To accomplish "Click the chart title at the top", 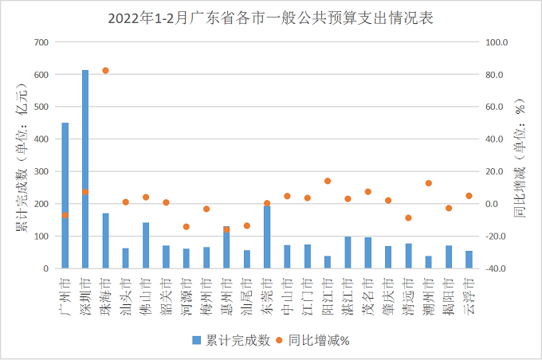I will pyautogui.click(x=271, y=17).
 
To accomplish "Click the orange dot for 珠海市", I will pyautogui.click(x=105, y=71).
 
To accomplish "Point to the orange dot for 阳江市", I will pyautogui.click(x=328, y=181).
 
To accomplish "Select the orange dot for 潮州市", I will pyautogui.click(x=429, y=183).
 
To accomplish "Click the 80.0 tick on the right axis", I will pyautogui.click(x=497, y=75).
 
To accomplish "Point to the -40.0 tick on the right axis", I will pyautogui.click(x=497, y=269).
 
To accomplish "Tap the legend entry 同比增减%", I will pyautogui.click(x=316, y=340).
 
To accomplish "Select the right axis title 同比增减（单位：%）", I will pyautogui.click(x=522, y=155).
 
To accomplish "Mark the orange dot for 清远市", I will pyautogui.click(x=408, y=217).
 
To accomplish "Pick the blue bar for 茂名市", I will pyautogui.click(x=368, y=252).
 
